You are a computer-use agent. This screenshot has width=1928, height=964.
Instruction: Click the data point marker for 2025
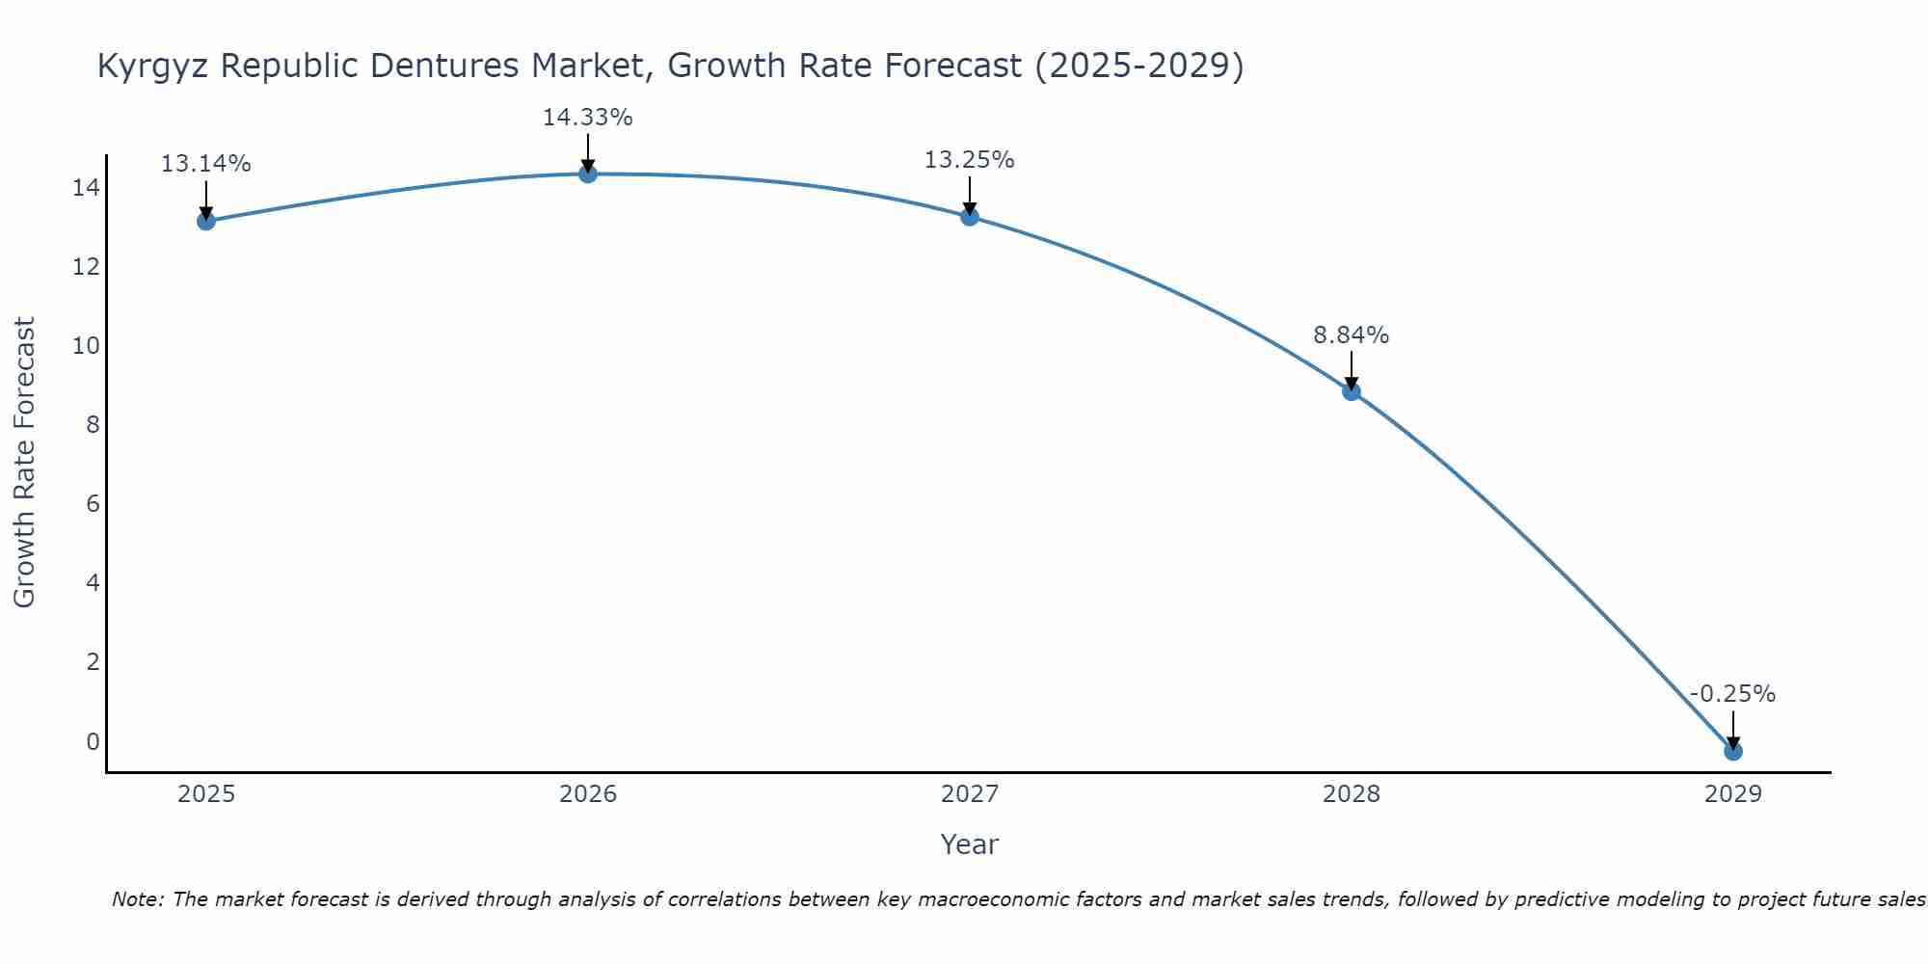(205, 221)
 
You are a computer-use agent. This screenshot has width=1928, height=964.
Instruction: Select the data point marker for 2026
(587, 174)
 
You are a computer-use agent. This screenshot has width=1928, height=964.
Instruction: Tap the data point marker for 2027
(969, 217)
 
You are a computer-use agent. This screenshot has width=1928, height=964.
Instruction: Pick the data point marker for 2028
(1351, 390)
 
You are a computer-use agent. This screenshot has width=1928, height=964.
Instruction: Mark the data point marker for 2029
(1732, 751)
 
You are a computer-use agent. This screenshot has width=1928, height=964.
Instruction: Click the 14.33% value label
(587, 118)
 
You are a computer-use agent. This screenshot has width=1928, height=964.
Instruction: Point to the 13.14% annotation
(205, 164)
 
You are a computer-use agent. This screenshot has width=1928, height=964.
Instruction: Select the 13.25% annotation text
(969, 160)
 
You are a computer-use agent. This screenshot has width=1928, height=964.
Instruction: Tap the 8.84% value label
(1351, 335)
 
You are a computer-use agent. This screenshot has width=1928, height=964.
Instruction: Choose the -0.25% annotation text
(1732, 694)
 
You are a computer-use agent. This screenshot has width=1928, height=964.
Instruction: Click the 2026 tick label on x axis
(587, 794)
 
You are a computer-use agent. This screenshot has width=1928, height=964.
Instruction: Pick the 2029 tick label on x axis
(1732, 794)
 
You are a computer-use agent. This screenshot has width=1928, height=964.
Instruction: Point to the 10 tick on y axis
(86, 345)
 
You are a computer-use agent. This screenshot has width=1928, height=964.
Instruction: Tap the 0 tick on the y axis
(93, 741)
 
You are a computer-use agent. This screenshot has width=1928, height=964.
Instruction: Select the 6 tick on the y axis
(93, 504)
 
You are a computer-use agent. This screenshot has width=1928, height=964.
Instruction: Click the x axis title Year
(969, 844)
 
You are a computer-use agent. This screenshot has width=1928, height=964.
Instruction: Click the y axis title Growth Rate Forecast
(25, 463)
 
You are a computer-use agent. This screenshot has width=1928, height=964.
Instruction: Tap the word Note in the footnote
(138, 899)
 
